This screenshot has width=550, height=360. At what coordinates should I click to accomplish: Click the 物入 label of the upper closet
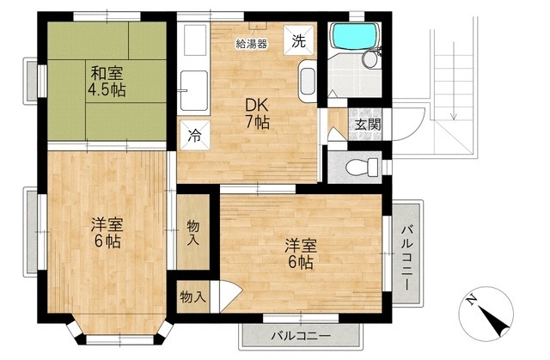(193, 229)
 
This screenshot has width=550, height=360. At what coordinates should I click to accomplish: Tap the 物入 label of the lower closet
(193, 296)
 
